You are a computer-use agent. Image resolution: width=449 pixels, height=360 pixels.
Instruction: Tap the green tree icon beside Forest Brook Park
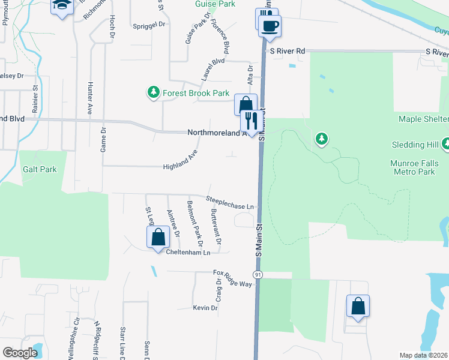coord(153,92)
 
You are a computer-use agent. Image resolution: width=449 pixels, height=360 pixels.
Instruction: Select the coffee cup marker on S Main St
coord(270,26)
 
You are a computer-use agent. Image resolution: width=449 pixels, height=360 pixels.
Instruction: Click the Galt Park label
coord(40,169)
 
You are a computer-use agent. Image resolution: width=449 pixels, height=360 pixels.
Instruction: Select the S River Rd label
coord(288,52)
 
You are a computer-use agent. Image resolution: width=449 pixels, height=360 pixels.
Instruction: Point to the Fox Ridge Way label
coord(233,277)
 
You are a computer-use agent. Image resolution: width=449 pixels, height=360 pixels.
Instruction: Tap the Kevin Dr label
coord(205,308)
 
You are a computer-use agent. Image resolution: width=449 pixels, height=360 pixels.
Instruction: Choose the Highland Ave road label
coord(180,161)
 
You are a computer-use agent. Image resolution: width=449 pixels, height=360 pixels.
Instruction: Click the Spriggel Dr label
coord(149,25)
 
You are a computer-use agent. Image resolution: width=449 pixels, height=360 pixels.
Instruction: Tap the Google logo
coord(20,353)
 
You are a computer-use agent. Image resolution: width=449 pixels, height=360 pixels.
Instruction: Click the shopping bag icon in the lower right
coord(358,306)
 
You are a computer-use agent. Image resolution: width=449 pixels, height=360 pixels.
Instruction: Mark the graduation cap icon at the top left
coord(62,5)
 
